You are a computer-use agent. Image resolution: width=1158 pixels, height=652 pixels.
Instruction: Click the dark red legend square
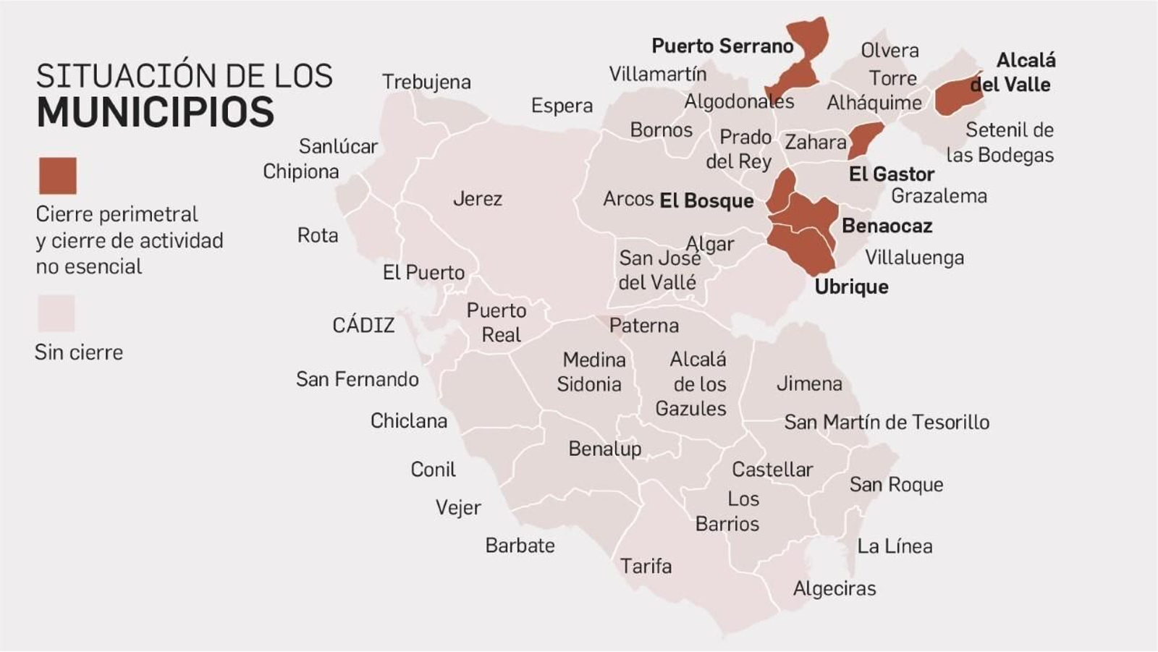[57, 176]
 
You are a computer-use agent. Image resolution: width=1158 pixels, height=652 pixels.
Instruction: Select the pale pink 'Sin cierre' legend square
[56, 313]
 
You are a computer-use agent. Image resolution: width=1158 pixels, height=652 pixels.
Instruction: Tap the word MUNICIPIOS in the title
[155, 112]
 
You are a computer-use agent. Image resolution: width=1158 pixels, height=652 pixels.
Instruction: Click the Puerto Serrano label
[722, 46]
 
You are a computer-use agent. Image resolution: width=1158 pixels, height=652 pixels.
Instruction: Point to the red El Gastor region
[864, 138]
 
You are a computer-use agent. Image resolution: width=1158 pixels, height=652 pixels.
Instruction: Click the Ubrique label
[851, 287]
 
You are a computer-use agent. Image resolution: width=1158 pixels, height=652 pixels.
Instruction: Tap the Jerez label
[477, 198]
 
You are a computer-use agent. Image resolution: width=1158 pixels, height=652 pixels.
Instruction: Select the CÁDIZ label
[363, 325]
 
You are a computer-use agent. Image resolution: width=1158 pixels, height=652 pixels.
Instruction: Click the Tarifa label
[646, 566]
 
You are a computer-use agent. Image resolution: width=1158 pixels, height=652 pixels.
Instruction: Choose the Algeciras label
[834, 588]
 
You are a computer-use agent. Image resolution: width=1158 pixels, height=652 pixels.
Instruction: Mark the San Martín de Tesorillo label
[887, 422]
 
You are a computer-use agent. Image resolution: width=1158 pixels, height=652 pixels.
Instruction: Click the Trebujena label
[426, 82]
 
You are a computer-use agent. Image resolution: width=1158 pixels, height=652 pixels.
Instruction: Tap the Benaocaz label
[887, 226]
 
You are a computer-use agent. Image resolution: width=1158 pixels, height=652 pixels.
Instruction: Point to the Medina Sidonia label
[592, 372]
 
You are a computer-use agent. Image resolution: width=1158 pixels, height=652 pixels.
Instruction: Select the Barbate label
[520, 545]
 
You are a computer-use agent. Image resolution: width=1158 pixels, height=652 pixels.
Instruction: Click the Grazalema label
[939, 196]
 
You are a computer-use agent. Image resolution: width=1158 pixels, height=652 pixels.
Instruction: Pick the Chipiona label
[300, 172]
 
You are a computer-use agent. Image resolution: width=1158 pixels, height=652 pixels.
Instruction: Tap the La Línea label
[895, 546]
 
